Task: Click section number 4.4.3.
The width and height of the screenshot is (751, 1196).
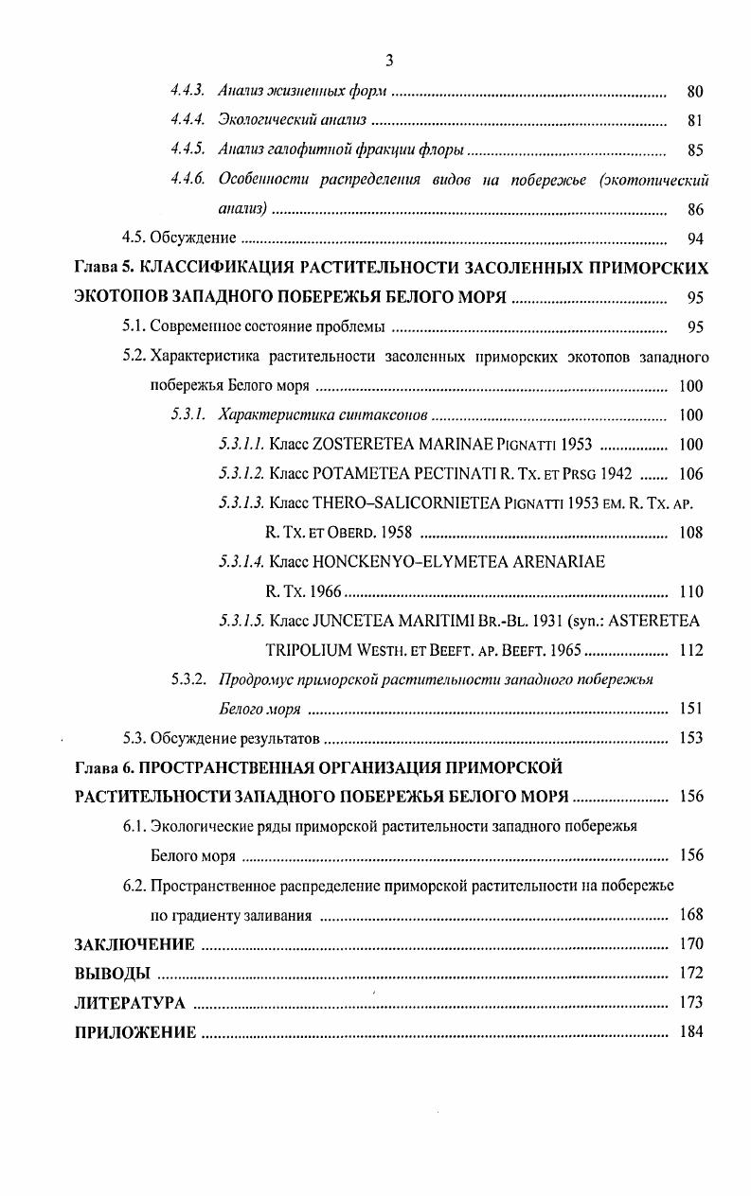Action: pyautogui.click(x=188, y=92)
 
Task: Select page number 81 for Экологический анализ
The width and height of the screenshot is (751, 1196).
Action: pyautogui.click(x=694, y=121)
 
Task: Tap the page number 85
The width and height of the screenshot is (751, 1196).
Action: pyautogui.click(x=694, y=150)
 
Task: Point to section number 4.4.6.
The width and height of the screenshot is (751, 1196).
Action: pyautogui.click(x=188, y=180)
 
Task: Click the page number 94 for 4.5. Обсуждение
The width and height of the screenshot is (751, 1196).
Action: pyautogui.click(x=694, y=239)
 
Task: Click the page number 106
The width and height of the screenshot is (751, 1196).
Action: pyautogui.click(x=691, y=474)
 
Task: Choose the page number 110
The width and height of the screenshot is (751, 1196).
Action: pyautogui.click(x=691, y=592)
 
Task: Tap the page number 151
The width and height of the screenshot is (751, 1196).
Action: pyautogui.click(x=691, y=710)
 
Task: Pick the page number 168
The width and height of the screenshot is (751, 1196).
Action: pyautogui.click(x=691, y=915)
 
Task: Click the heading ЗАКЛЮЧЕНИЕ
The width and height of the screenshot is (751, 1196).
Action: pyautogui.click(x=134, y=944)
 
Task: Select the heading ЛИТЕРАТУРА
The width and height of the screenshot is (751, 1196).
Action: pyautogui.click(x=129, y=1003)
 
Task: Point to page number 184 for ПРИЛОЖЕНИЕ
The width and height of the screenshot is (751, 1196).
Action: pyautogui.click(x=691, y=1032)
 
